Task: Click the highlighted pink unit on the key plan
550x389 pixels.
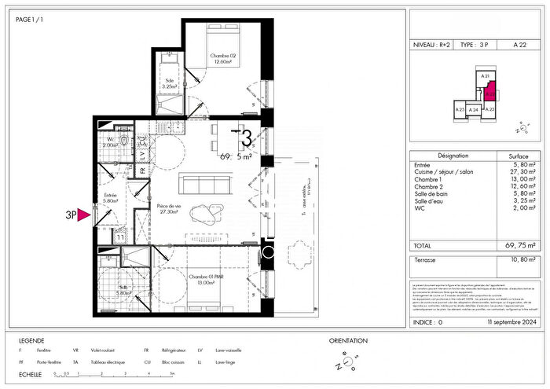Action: (489, 95)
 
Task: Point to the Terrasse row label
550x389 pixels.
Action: (426, 259)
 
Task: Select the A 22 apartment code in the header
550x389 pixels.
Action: (520, 45)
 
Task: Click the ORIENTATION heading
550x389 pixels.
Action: (348, 340)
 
